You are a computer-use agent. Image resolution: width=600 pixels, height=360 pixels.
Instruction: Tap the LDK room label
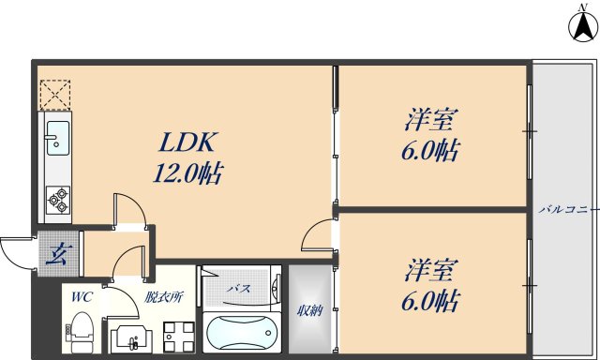[187, 142]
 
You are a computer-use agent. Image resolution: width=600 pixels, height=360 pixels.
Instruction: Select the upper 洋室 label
[431, 121]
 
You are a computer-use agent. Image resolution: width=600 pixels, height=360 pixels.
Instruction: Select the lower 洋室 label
[431, 272]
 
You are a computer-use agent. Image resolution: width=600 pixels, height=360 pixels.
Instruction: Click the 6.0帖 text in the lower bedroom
[431, 302]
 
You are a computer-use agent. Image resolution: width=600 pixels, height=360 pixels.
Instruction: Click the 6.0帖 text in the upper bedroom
[431, 151]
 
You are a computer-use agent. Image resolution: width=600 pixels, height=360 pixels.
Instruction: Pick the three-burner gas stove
[56, 198]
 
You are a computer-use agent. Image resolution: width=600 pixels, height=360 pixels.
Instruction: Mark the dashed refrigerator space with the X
[53, 93]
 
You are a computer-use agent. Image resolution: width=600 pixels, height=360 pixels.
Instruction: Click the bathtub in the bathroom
[240, 332]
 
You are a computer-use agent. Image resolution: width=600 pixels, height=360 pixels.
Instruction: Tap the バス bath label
[239, 288]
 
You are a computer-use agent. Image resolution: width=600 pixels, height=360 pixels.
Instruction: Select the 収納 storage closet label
[310, 310]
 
